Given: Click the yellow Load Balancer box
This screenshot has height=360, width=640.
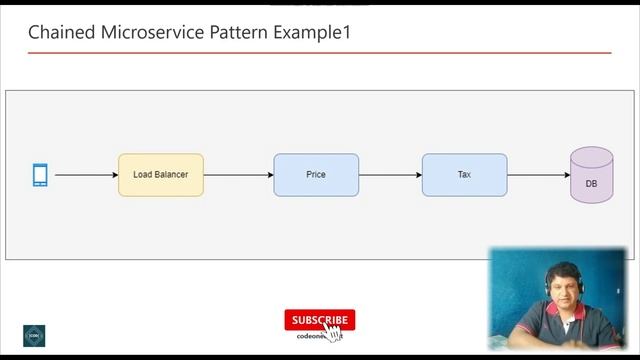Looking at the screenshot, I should tap(160, 175).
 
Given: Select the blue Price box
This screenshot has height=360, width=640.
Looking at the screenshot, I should tap(316, 175).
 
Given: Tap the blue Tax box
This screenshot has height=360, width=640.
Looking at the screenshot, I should tap(464, 175).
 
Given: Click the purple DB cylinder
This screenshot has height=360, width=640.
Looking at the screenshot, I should tap(591, 176).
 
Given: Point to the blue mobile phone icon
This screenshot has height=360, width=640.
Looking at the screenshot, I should tap(40, 175).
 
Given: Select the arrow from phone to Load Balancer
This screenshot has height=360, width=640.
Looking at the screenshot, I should tap(86, 175).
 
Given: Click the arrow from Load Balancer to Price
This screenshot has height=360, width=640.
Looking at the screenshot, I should tap(238, 175).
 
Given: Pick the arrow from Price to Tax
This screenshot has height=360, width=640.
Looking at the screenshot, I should tap(390, 175).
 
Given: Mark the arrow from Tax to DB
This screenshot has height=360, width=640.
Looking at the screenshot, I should tap(538, 175).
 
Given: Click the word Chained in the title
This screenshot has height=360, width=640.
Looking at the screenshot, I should tap(62, 32).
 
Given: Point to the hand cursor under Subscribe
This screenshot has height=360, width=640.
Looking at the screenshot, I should tap(332, 332).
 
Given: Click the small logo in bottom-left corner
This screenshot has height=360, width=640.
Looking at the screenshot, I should tap(35, 335).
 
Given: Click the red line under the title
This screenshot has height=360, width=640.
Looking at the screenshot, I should tap(319, 52).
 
